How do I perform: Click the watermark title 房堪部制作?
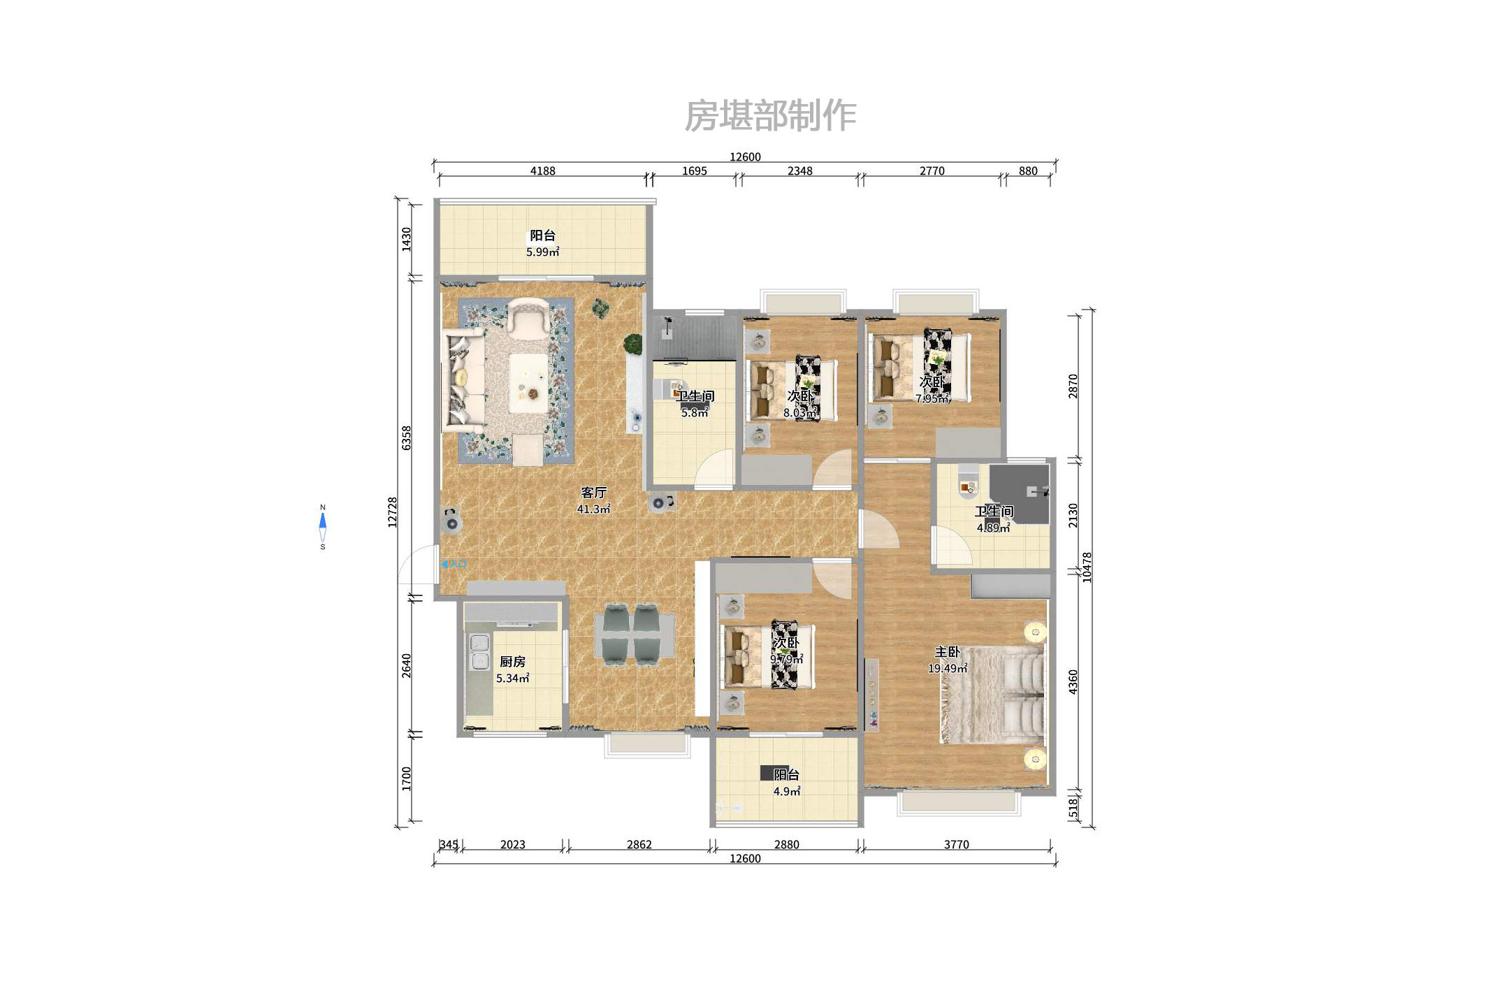tap(769, 116)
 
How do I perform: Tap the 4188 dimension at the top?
tap(542, 171)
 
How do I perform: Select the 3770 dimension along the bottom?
tap(956, 844)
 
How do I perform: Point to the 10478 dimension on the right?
tap(1087, 567)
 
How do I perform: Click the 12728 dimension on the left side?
tap(393, 512)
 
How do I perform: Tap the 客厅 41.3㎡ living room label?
tap(593, 500)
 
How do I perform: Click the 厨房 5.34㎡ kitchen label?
tap(512, 669)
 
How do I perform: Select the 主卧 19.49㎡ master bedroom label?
tap(947, 660)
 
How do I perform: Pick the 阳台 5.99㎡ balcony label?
tap(542, 243)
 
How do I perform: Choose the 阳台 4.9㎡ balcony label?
tap(786, 783)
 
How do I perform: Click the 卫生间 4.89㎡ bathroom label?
tap(993, 519)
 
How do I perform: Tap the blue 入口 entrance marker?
tap(454, 564)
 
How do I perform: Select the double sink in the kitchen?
tap(479, 651)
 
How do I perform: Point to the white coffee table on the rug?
tap(528, 383)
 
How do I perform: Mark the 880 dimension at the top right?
tap(1027, 171)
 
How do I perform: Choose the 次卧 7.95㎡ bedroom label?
tap(932, 390)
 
